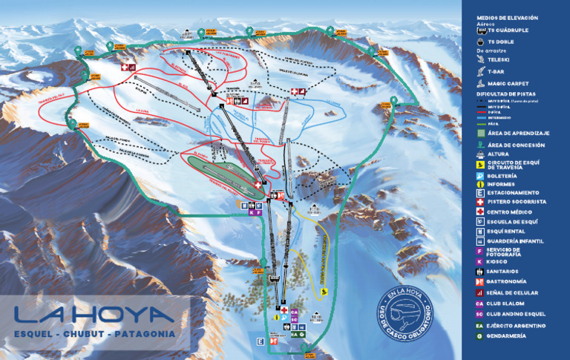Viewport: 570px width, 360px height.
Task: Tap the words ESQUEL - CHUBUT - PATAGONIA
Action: click(x=95, y=335)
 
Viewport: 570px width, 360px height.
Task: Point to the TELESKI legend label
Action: click(x=499, y=58)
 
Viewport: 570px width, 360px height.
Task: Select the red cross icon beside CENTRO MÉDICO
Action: click(x=480, y=212)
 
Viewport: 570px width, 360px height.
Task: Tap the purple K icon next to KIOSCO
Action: click(x=480, y=261)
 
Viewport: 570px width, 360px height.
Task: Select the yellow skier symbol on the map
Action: click(x=325, y=294)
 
